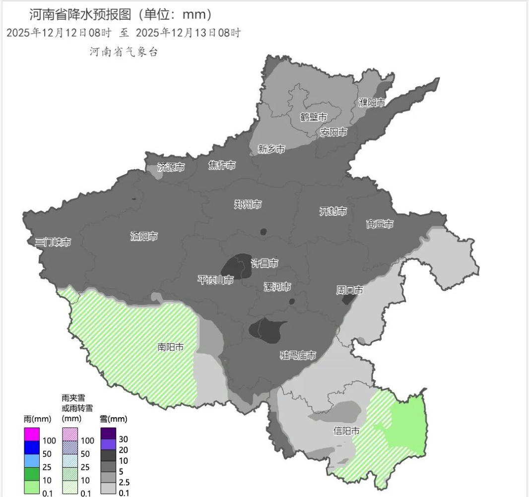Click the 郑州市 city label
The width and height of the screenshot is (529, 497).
click(248, 204)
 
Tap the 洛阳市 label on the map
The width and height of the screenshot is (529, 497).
click(144, 236)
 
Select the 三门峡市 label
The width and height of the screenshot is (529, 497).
click(53, 242)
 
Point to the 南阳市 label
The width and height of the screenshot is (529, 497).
click(171, 347)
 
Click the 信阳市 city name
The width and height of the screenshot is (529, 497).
click(346, 431)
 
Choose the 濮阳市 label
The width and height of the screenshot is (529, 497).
click(372, 103)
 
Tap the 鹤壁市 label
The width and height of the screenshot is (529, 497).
click(314, 117)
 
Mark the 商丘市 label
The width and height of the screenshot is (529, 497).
click(380, 224)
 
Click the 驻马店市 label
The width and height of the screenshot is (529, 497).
click(298, 355)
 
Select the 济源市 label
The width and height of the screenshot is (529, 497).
click(171, 167)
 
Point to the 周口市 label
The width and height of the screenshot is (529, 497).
click(349, 290)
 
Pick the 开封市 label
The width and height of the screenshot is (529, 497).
click(332, 211)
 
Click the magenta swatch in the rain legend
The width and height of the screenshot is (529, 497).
click(32, 434)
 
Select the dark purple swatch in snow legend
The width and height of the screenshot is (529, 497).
click(108, 433)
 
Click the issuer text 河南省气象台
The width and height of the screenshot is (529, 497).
click(124, 52)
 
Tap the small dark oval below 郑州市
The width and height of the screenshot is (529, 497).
click(264, 232)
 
